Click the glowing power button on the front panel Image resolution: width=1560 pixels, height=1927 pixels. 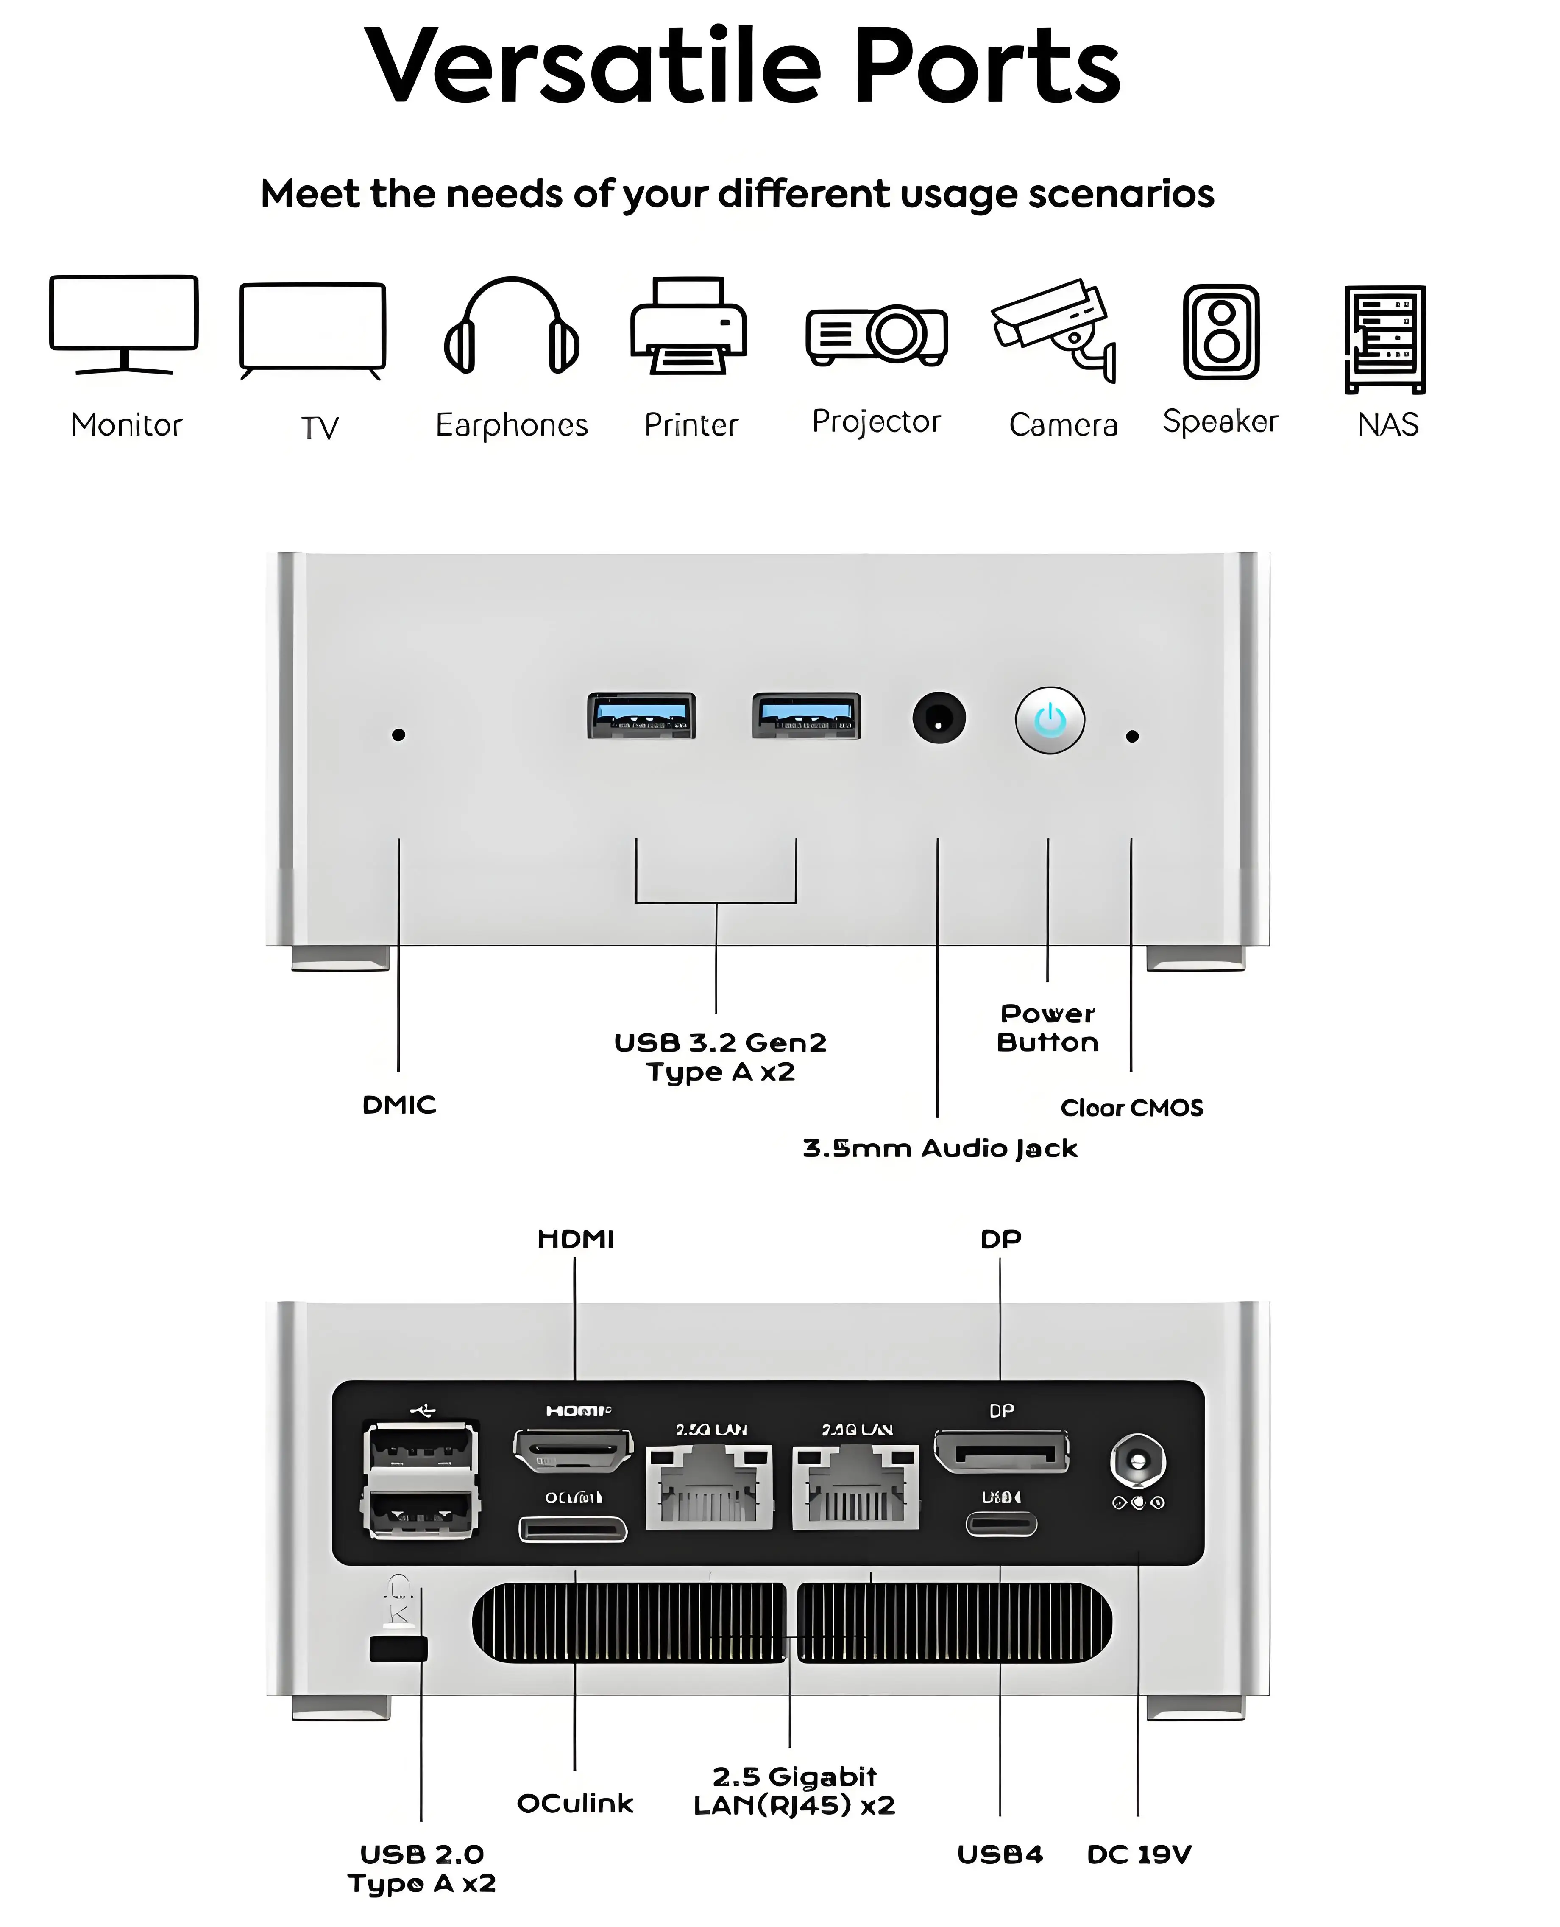tap(1050, 720)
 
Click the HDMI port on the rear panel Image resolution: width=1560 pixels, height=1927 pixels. tap(572, 1450)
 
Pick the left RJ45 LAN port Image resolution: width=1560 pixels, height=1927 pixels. tap(710, 1486)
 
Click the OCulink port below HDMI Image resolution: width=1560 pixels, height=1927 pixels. tap(572, 1529)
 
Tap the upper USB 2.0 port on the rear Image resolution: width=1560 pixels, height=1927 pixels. tap(421, 1447)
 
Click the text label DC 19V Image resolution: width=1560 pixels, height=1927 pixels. tap(1139, 1854)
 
